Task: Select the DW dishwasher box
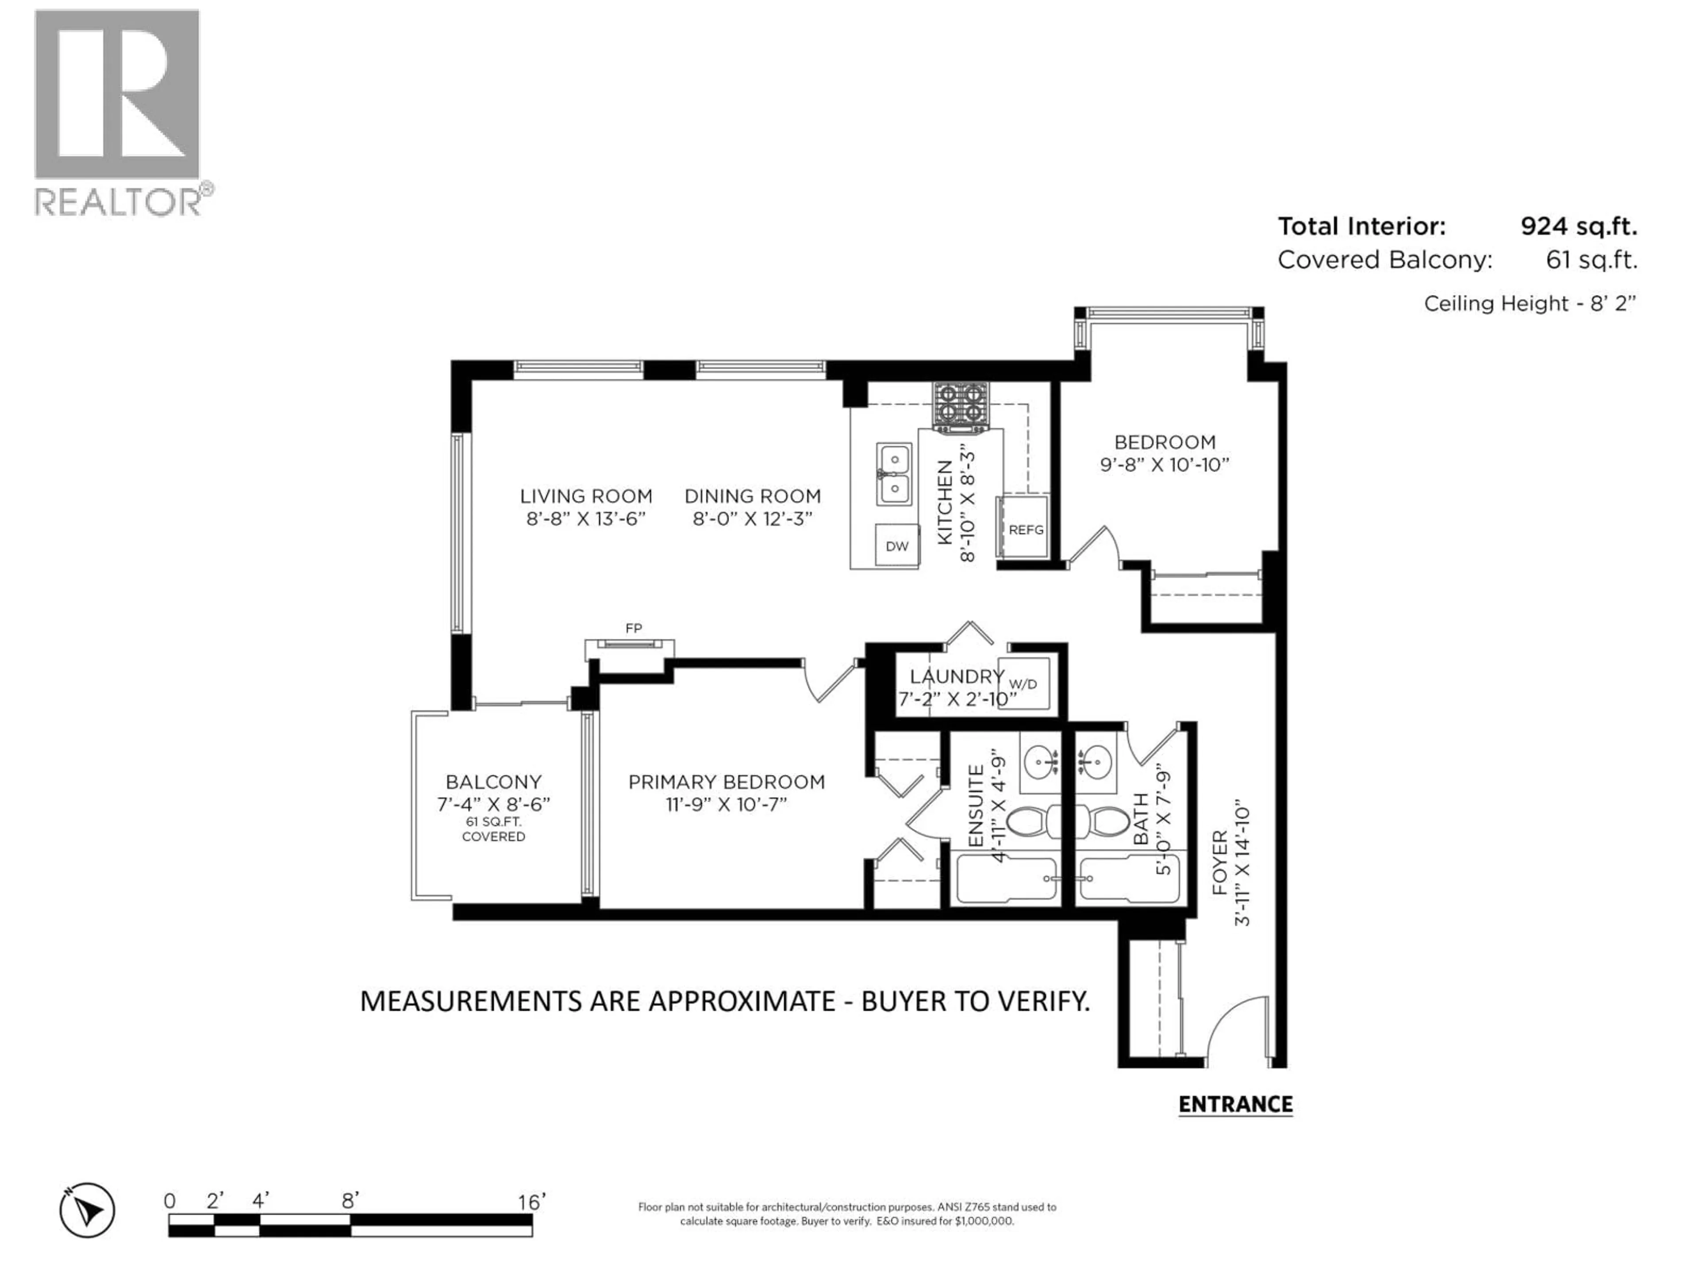896,546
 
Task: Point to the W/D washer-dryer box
1023,683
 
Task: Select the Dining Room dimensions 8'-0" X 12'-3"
752,519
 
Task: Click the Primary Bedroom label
726,782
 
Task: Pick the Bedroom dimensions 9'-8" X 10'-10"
1165,464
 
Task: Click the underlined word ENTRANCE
1235,1104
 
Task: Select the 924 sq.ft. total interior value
1578,226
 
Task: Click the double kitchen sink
894,474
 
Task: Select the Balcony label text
493,782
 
